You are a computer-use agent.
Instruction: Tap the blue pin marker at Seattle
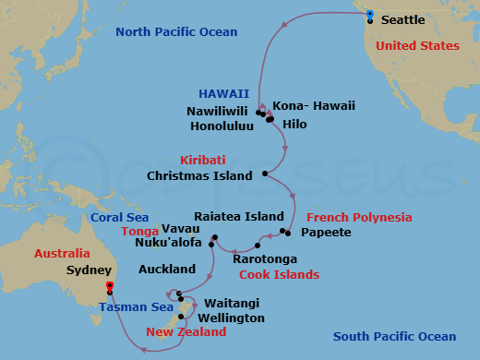coord(369,15)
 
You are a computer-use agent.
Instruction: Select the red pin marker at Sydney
coord(110,287)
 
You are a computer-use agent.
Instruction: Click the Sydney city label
coord(88,272)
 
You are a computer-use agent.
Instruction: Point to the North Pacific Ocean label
coord(176,33)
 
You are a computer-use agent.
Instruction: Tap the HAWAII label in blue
coord(223,94)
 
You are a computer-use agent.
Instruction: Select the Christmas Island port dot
coord(265,174)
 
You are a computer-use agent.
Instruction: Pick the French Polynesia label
coord(359,218)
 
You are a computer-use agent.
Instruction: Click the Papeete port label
coord(327,233)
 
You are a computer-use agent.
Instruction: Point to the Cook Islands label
coord(279,275)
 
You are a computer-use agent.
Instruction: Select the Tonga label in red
coord(138,232)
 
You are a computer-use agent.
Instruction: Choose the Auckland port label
coord(166,270)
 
